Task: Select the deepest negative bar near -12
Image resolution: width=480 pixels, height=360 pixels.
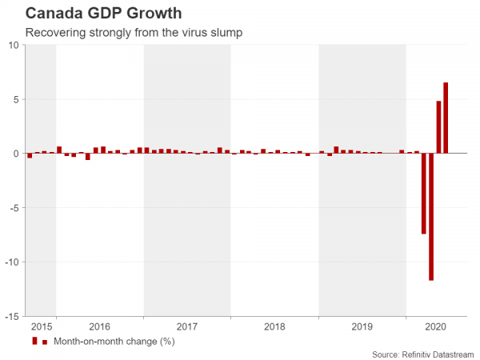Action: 431,216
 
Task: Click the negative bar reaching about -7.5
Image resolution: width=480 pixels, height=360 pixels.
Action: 424,193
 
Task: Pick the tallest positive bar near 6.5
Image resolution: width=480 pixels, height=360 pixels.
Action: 446,118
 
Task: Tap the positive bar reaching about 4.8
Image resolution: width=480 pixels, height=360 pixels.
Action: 438,126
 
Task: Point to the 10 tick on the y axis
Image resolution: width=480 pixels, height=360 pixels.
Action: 14,46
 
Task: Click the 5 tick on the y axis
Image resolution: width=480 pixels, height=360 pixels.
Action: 17,99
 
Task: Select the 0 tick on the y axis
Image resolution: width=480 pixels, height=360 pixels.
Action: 17,154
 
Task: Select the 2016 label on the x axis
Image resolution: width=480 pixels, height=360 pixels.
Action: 99,326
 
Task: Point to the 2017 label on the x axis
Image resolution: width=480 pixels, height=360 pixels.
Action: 186,326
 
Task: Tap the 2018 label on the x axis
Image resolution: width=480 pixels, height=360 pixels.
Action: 274,326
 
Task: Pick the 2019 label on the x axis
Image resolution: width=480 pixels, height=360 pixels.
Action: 362,326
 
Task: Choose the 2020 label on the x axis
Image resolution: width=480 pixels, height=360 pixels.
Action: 435,326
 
